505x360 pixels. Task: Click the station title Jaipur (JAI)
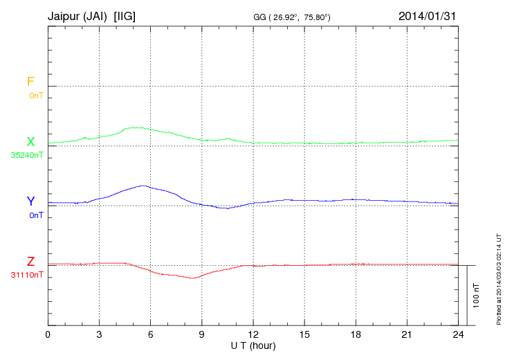point(77,15)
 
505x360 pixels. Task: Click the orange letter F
point(30,82)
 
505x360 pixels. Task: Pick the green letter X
point(30,142)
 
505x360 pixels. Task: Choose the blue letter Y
point(30,201)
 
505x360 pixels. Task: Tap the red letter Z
point(30,262)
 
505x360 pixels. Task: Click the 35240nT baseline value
point(27,155)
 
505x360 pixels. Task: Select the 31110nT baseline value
point(27,275)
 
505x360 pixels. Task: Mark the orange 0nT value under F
point(36,95)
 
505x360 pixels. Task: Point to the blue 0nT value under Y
point(36,215)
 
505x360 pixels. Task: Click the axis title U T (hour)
point(253,345)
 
